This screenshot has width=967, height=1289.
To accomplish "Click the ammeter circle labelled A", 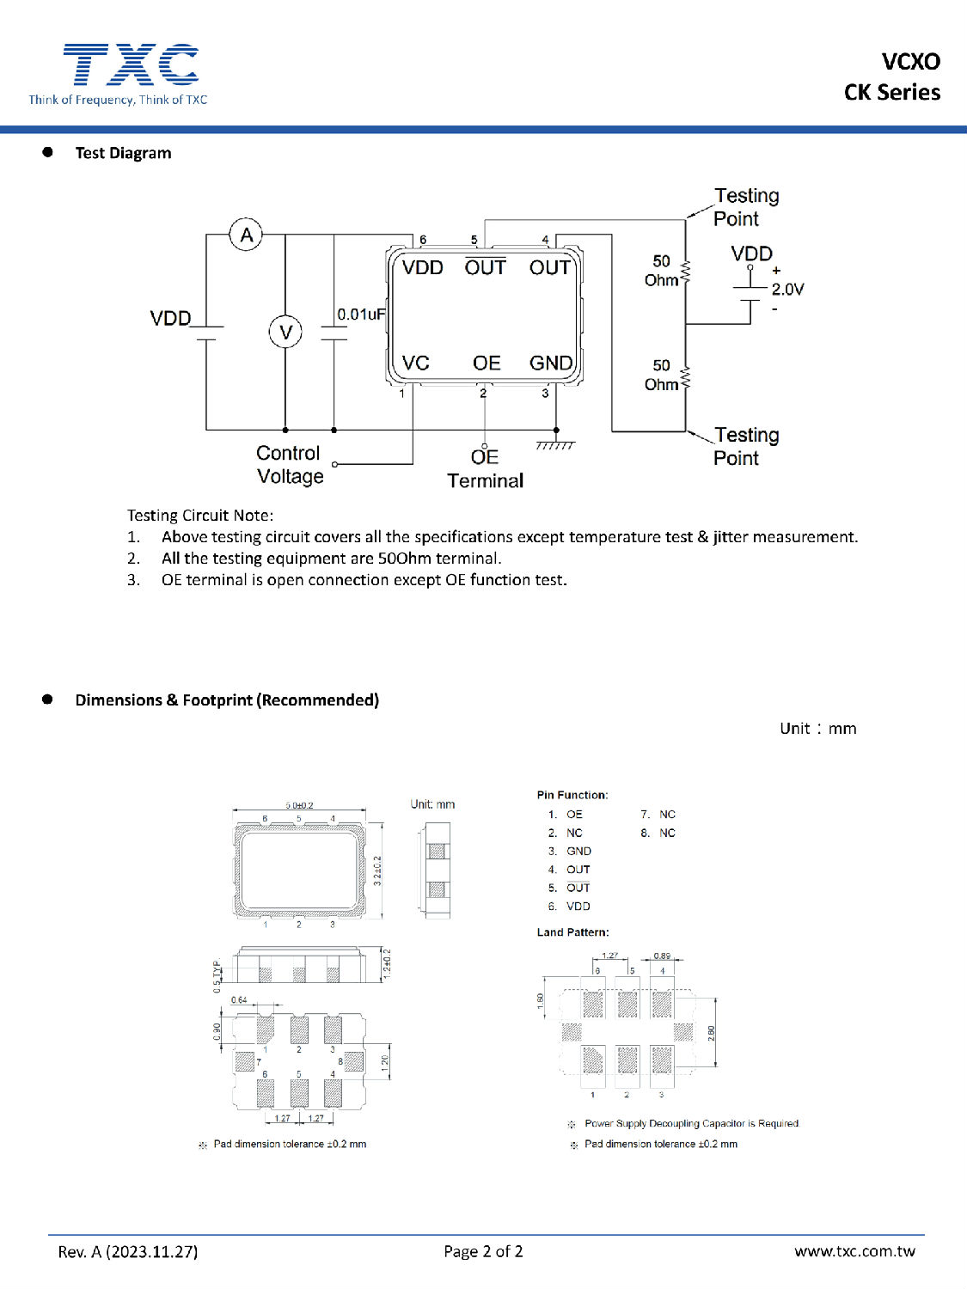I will (247, 235).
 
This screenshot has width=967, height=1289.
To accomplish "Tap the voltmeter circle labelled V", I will (285, 332).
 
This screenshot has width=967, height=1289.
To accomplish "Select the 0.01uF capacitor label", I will (361, 315).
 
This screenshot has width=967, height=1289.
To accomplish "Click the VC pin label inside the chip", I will (416, 363).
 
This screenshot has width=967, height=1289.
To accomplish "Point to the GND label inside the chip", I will (551, 363).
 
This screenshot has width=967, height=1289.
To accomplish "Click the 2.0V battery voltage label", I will (787, 290).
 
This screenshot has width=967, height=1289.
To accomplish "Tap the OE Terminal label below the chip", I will (485, 469).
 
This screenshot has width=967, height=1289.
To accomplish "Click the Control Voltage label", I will (290, 465).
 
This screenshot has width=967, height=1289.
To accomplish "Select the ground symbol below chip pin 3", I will (555, 445).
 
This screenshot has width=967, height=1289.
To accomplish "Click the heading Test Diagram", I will (123, 153).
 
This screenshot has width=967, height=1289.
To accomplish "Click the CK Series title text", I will (891, 93).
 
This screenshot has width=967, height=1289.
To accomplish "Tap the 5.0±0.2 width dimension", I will (299, 805).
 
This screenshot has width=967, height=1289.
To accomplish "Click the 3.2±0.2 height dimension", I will (377, 871).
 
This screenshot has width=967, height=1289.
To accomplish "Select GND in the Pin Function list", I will (578, 852).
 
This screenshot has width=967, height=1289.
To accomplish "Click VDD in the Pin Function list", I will (578, 907).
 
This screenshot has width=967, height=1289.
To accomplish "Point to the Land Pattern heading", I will (572, 932).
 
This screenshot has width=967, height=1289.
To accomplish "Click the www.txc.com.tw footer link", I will (854, 1251).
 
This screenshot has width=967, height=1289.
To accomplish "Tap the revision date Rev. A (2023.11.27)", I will (128, 1252).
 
